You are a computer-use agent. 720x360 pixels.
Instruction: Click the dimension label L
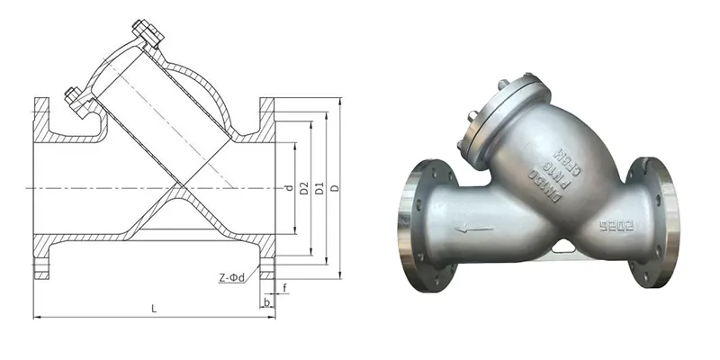(155, 309)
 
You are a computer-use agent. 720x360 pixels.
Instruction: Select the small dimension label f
(284, 289)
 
